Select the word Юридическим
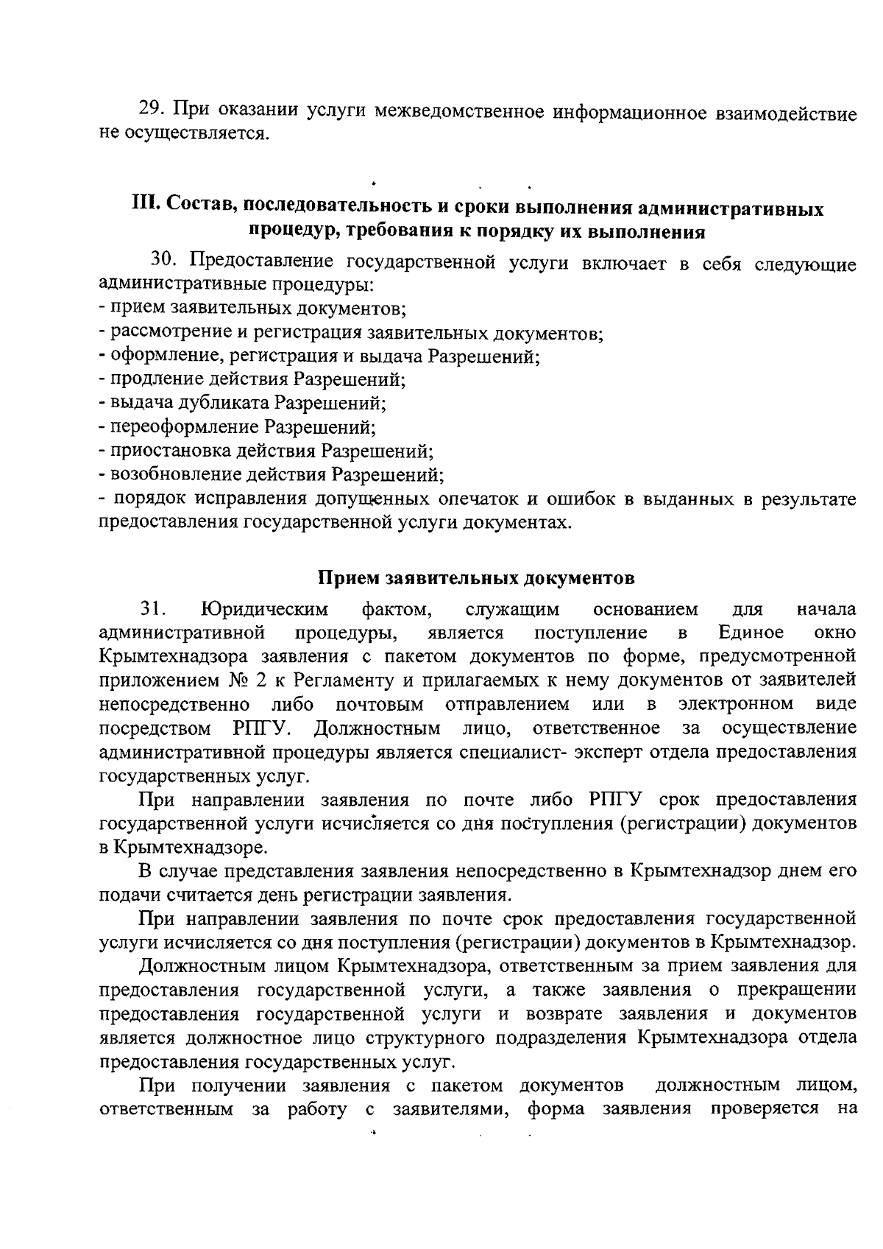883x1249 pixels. (264, 609)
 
